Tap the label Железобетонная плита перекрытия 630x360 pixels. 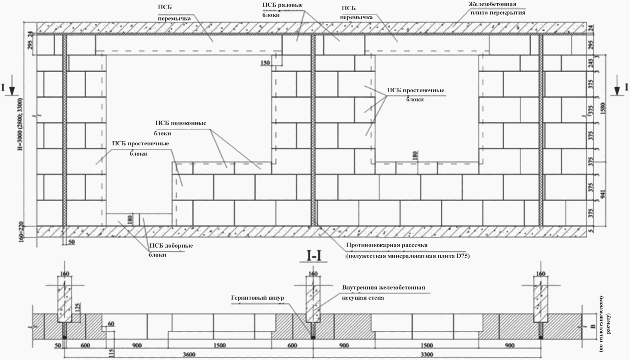[497, 9]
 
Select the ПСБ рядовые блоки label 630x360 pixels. [282, 10]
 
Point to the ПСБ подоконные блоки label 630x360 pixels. [180, 128]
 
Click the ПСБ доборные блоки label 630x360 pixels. [170, 250]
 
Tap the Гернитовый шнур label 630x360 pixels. [257, 298]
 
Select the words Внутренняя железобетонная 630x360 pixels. [384, 288]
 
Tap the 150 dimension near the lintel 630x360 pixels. [266, 63]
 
